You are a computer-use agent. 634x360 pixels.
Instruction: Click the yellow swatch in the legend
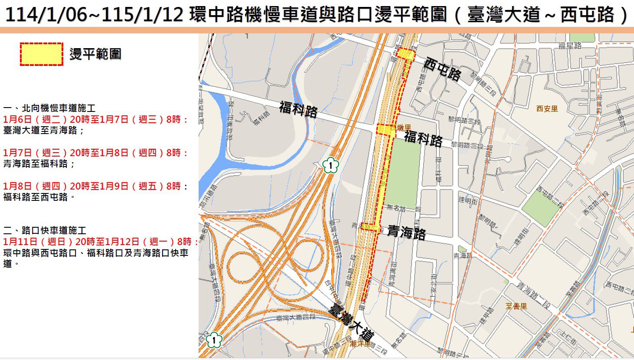[42, 54]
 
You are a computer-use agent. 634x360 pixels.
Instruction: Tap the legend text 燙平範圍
[95, 54]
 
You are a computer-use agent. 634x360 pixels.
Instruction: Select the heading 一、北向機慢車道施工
[49, 108]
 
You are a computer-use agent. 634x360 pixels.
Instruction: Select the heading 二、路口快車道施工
[45, 230]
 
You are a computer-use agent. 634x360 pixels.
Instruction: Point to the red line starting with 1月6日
[96, 119]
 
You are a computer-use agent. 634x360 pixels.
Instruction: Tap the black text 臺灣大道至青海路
[43, 130]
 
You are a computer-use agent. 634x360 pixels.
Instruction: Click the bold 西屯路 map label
[442, 69]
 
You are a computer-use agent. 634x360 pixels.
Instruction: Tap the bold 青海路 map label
[406, 232]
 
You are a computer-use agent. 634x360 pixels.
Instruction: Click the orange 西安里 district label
[547, 108]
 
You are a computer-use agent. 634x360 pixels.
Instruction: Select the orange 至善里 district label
[516, 306]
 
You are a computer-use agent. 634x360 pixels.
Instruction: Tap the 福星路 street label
[570, 45]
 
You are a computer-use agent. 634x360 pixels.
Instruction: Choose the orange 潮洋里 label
[361, 344]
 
